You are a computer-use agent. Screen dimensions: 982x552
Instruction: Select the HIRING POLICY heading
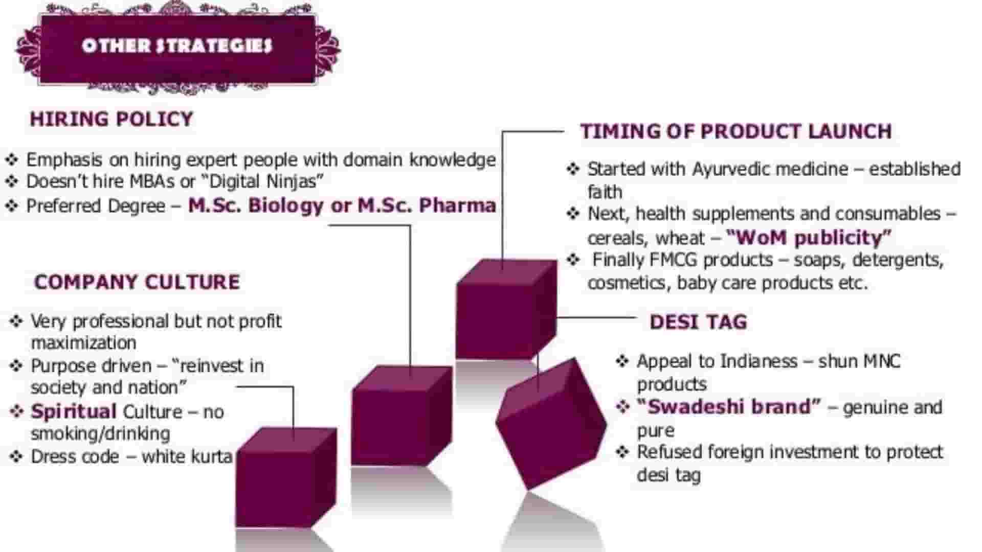(x=111, y=119)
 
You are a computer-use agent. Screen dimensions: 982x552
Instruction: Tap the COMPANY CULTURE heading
(x=137, y=282)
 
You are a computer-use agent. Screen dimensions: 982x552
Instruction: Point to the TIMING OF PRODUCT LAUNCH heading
(x=736, y=131)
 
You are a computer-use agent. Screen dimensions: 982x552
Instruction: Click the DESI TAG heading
(x=698, y=322)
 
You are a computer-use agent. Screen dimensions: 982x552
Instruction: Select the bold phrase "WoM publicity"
(x=809, y=238)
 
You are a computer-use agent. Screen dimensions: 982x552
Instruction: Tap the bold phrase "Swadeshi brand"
(x=729, y=407)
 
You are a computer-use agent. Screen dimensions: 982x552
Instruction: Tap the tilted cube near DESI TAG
(x=551, y=423)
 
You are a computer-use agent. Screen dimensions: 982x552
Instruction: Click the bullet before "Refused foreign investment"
(x=622, y=452)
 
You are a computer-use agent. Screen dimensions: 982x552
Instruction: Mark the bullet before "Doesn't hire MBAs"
(x=12, y=181)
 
